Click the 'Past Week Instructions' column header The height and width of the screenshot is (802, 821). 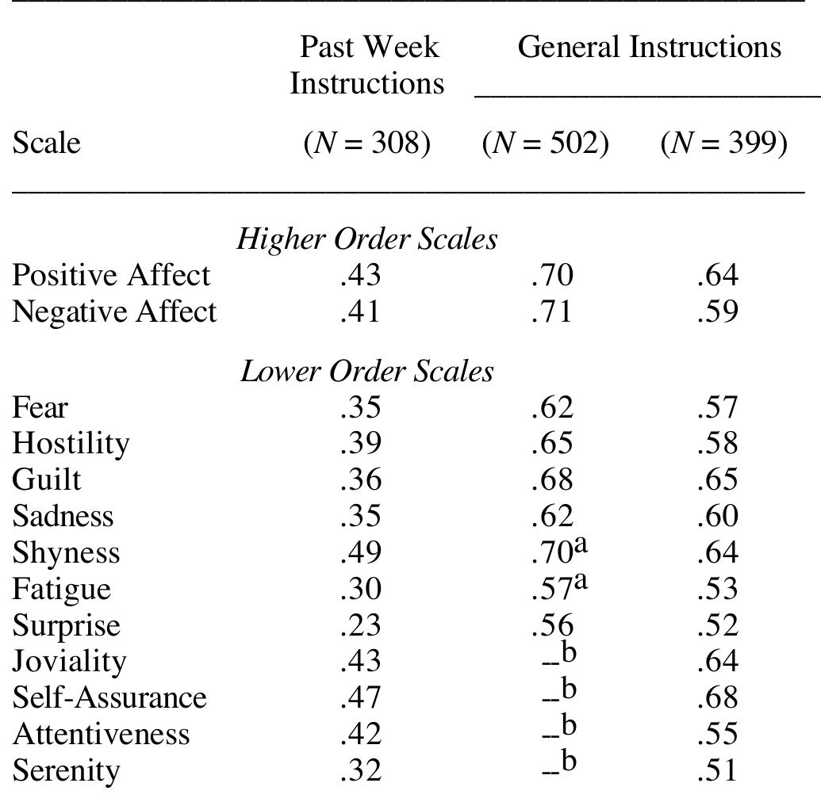click(x=366, y=64)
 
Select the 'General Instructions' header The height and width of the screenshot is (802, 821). click(x=649, y=47)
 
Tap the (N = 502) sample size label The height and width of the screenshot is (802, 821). click(x=545, y=143)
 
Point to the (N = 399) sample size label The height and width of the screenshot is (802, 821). click(x=723, y=143)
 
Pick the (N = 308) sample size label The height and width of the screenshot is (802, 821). click(x=366, y=143)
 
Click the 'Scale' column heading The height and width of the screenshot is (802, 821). click(x=46, y=143)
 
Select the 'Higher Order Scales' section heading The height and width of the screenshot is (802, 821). click(x=367, y=239)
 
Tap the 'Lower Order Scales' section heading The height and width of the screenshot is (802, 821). click(x=367, y=371)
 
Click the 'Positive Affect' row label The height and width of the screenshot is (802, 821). click(x=111, y=275)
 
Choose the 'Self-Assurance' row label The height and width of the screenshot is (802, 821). click(x=109, y=697)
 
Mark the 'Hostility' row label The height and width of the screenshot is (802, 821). click(x=71, y=443)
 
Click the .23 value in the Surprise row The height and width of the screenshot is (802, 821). click(x=360, y=625)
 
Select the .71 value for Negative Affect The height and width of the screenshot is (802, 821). click(x=551, y=311)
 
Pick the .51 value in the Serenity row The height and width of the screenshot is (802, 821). click(x=717, y=770)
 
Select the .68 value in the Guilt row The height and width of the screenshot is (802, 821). click(x=551, y=479)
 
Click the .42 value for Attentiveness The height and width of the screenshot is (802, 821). click(x=360, y=734)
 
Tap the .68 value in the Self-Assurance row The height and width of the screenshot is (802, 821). click(x=717, y=697)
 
